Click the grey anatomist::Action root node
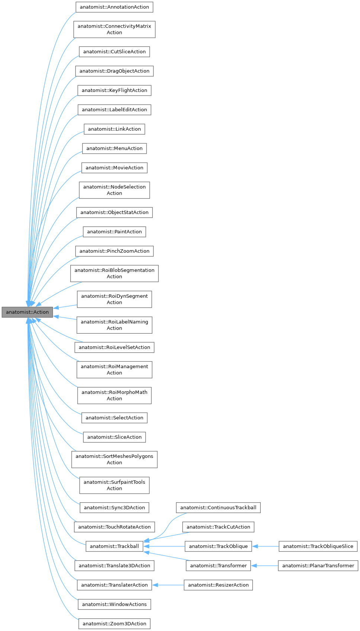27,312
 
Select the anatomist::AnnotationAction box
114,7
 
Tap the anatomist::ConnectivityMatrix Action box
114,29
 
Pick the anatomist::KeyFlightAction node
114,90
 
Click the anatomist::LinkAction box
114,129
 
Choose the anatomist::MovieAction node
114,168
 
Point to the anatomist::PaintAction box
114,232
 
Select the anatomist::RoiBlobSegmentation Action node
114,273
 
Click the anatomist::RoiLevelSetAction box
114,347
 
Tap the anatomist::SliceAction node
114,437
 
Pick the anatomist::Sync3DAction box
114,507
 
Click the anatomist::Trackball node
114,546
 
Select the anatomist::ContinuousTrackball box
218,507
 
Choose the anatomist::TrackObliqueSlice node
318,546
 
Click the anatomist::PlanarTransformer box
318,566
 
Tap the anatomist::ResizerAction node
218,585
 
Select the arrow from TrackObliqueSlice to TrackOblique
266,546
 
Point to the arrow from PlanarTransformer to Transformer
264,566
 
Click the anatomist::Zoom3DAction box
114,624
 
